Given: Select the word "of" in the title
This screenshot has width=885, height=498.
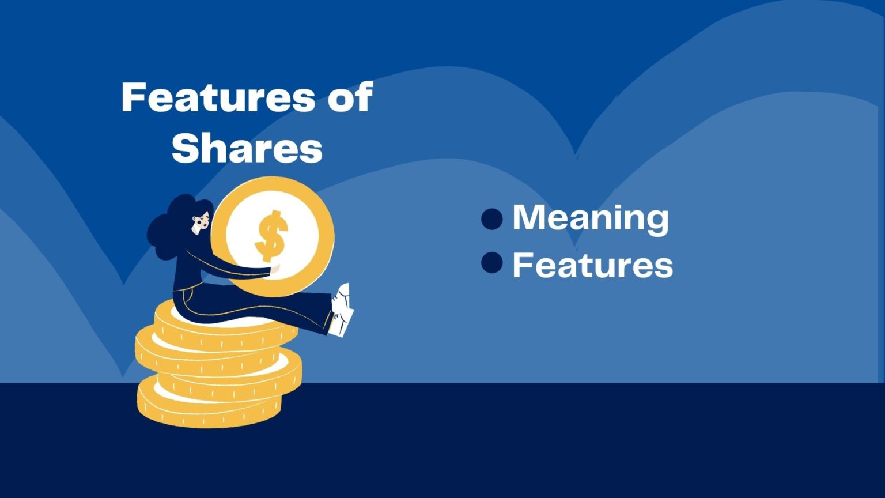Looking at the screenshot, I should tap(350, 97).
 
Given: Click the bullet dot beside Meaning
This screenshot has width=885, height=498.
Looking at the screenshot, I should tap(491, 219).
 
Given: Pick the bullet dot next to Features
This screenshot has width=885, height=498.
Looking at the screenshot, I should tap(491, 263).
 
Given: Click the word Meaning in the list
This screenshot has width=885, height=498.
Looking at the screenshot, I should tap(591, 218).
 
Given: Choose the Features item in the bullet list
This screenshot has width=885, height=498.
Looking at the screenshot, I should tap(592, 265).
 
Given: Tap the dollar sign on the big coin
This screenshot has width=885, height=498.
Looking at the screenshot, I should tap(271, 235).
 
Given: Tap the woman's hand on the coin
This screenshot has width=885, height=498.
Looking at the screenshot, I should tap(276, 268).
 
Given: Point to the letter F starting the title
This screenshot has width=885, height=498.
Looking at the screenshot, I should tap(132, 97).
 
